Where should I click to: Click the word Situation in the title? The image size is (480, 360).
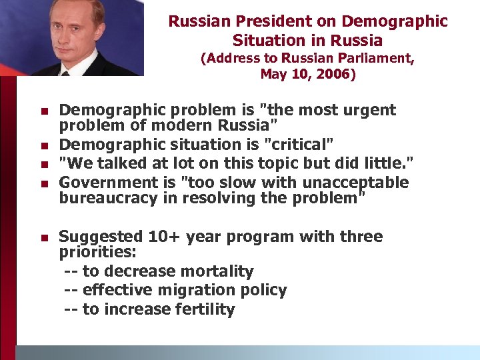pyautogui.click(x=265, y=41)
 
